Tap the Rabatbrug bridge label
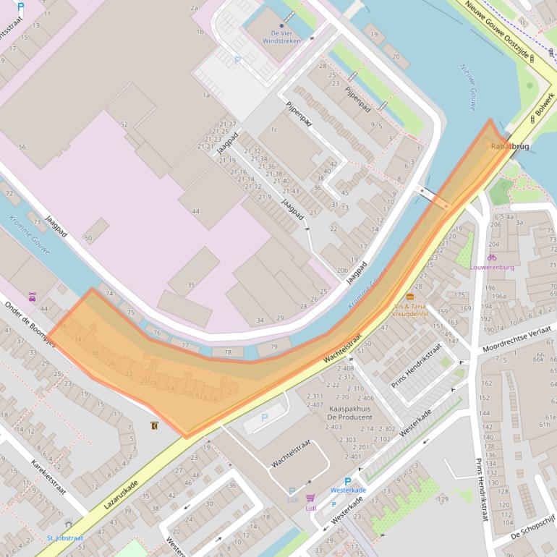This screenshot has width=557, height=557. (x=510, y=146)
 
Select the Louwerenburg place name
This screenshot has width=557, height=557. (x=492, y=267)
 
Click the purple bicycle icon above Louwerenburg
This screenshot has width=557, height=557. (x=492, y=257)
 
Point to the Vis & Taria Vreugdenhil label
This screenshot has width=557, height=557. (x=411, y=310)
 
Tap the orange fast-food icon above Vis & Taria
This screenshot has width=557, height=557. (x=410, y=297)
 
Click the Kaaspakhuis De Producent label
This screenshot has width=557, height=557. (x=349, y=413)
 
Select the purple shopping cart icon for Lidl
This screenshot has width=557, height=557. (x=311, y=498)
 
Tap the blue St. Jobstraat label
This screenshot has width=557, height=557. (x=65, y=538)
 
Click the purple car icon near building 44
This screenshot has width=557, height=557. (x=32, y=296)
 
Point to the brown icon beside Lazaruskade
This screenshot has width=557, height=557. (x=155, y=426)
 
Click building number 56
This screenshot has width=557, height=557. (x=22, y=147)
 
